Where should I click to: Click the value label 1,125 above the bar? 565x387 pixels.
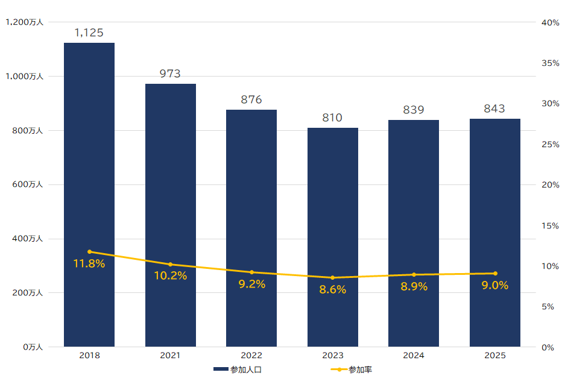pyautogui.click(x=89, y=33)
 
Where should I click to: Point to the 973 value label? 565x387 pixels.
pyautogui.click(x=170, y=74)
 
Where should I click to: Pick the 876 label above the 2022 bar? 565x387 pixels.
pyautogui.click(x=251, y=99)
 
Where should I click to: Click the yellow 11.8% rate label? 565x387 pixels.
pyautogui.click(x=89, y=263)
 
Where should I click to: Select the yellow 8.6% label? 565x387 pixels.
pyautogui.click(x=333, y=290)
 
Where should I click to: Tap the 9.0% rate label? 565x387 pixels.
pyautogui.click(x=495, y=286)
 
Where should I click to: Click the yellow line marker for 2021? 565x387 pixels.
pyautogui.click(x=170, y=265)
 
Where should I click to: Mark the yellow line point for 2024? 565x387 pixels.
pyautogui.click(x=414, y=275)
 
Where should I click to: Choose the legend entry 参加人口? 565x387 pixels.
pyautogui.click(x=238, y=370)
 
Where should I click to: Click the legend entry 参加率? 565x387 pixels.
pyautogui.click(x=352, y=370)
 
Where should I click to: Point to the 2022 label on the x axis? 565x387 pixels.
pyautogui.click(x=251, y=356)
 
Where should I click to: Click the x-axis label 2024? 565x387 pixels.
pyautogui.click(x=414, y=356)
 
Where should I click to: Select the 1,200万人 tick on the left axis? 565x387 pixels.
pyautogui.click(x=24, y=22)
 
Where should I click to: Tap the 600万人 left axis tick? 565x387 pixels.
pyautogui.click(x=27, y=184)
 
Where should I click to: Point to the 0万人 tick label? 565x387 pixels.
pyautogui.click(x=33, y=347)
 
